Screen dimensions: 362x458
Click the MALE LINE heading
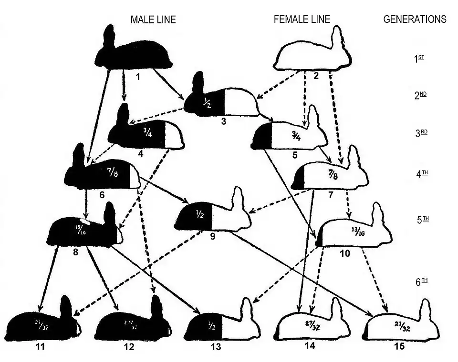tap(153, 20)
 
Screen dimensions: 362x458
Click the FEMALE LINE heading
tap(302, 20)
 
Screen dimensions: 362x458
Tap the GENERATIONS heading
tap(415, 20)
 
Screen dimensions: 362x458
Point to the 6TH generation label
tap(420, 282)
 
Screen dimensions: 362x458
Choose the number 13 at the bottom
tap(216, 347)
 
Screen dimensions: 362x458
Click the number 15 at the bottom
tap(399, 346)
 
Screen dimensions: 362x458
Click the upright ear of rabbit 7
tap(354, 157)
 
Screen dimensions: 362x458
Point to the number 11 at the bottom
tap(40, 347)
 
